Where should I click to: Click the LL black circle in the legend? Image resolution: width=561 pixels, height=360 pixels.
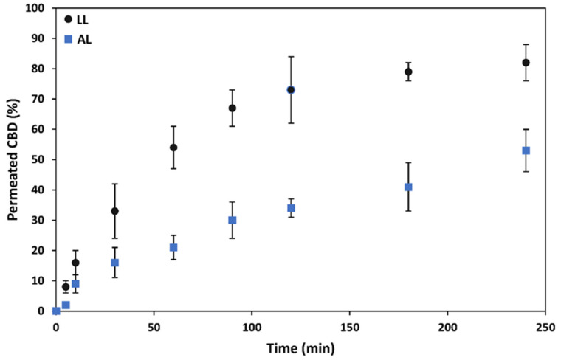pyautogui.click(x=69, y=20)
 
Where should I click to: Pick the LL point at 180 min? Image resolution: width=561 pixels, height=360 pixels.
pyautogui.click(x=408, y=72)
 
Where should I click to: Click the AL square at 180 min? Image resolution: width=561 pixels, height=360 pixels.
pyautogui.click(x=408, y=187)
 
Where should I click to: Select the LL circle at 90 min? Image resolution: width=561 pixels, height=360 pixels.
pyautogui.click(x=232, y=108)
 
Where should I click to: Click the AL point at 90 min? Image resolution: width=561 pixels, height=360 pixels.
pyautogui.click(x=232, y=220)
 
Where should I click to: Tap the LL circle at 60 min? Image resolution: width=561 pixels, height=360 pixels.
pyautogui.click(x=173, y=148)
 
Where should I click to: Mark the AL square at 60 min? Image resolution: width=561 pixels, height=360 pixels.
pyautogui.click(x=173, y=247)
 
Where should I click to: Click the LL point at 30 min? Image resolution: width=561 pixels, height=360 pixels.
pyautogui.click(x=114, y=211)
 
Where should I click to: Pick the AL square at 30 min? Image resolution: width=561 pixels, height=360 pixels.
pyautogui.click(x=114, y=263)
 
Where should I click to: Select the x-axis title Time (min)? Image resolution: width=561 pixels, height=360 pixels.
pyautogui.click(x=300, y=347)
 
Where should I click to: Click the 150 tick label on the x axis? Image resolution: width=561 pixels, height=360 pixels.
pyautogui.click(x=349, y=326)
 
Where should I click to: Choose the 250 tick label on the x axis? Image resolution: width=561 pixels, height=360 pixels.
pyautogui.click(x=545, y=326)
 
